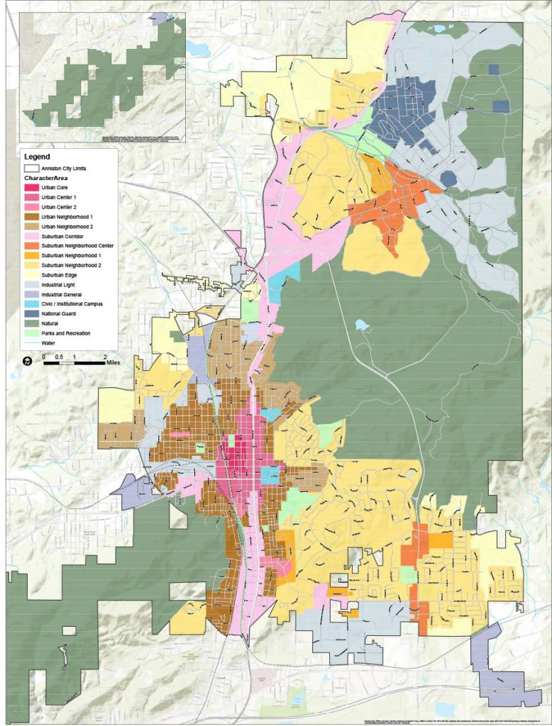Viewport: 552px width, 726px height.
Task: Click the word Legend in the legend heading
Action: (x=38, y=157)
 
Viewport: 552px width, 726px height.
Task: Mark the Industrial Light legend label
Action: (x=61, y=284)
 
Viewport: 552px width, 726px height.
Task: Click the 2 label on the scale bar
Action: (x=105, y=357)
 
